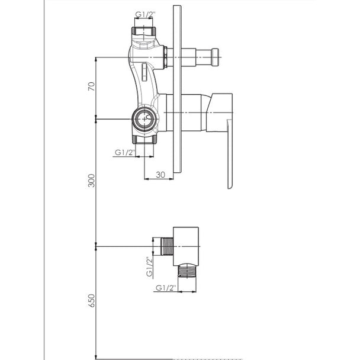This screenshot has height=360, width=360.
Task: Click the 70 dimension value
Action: pos(91,86)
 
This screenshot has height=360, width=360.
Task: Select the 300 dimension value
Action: pos(91,181)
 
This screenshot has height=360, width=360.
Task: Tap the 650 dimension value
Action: pos(91,301)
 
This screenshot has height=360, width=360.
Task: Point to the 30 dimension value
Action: pos(160,175)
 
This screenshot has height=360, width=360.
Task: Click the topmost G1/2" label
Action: pos(145,14)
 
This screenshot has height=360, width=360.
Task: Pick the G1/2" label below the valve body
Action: pos(125,152)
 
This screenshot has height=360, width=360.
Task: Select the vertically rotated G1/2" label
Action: pos(149,266)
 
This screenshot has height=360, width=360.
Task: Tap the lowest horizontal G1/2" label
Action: pos(166,287)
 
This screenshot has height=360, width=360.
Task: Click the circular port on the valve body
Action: pos(144,119)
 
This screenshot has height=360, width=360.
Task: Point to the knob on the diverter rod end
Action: pos(215,57)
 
